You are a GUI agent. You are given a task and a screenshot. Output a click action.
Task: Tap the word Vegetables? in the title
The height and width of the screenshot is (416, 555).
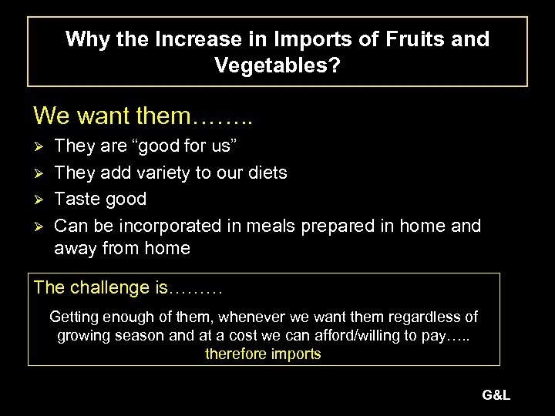277,66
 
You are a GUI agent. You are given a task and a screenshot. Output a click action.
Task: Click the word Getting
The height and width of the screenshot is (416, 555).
76,317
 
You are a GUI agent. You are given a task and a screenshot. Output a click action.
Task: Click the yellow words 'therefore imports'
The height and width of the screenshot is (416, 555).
263,354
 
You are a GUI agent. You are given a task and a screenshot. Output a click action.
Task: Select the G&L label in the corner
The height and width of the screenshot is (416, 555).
496,396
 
